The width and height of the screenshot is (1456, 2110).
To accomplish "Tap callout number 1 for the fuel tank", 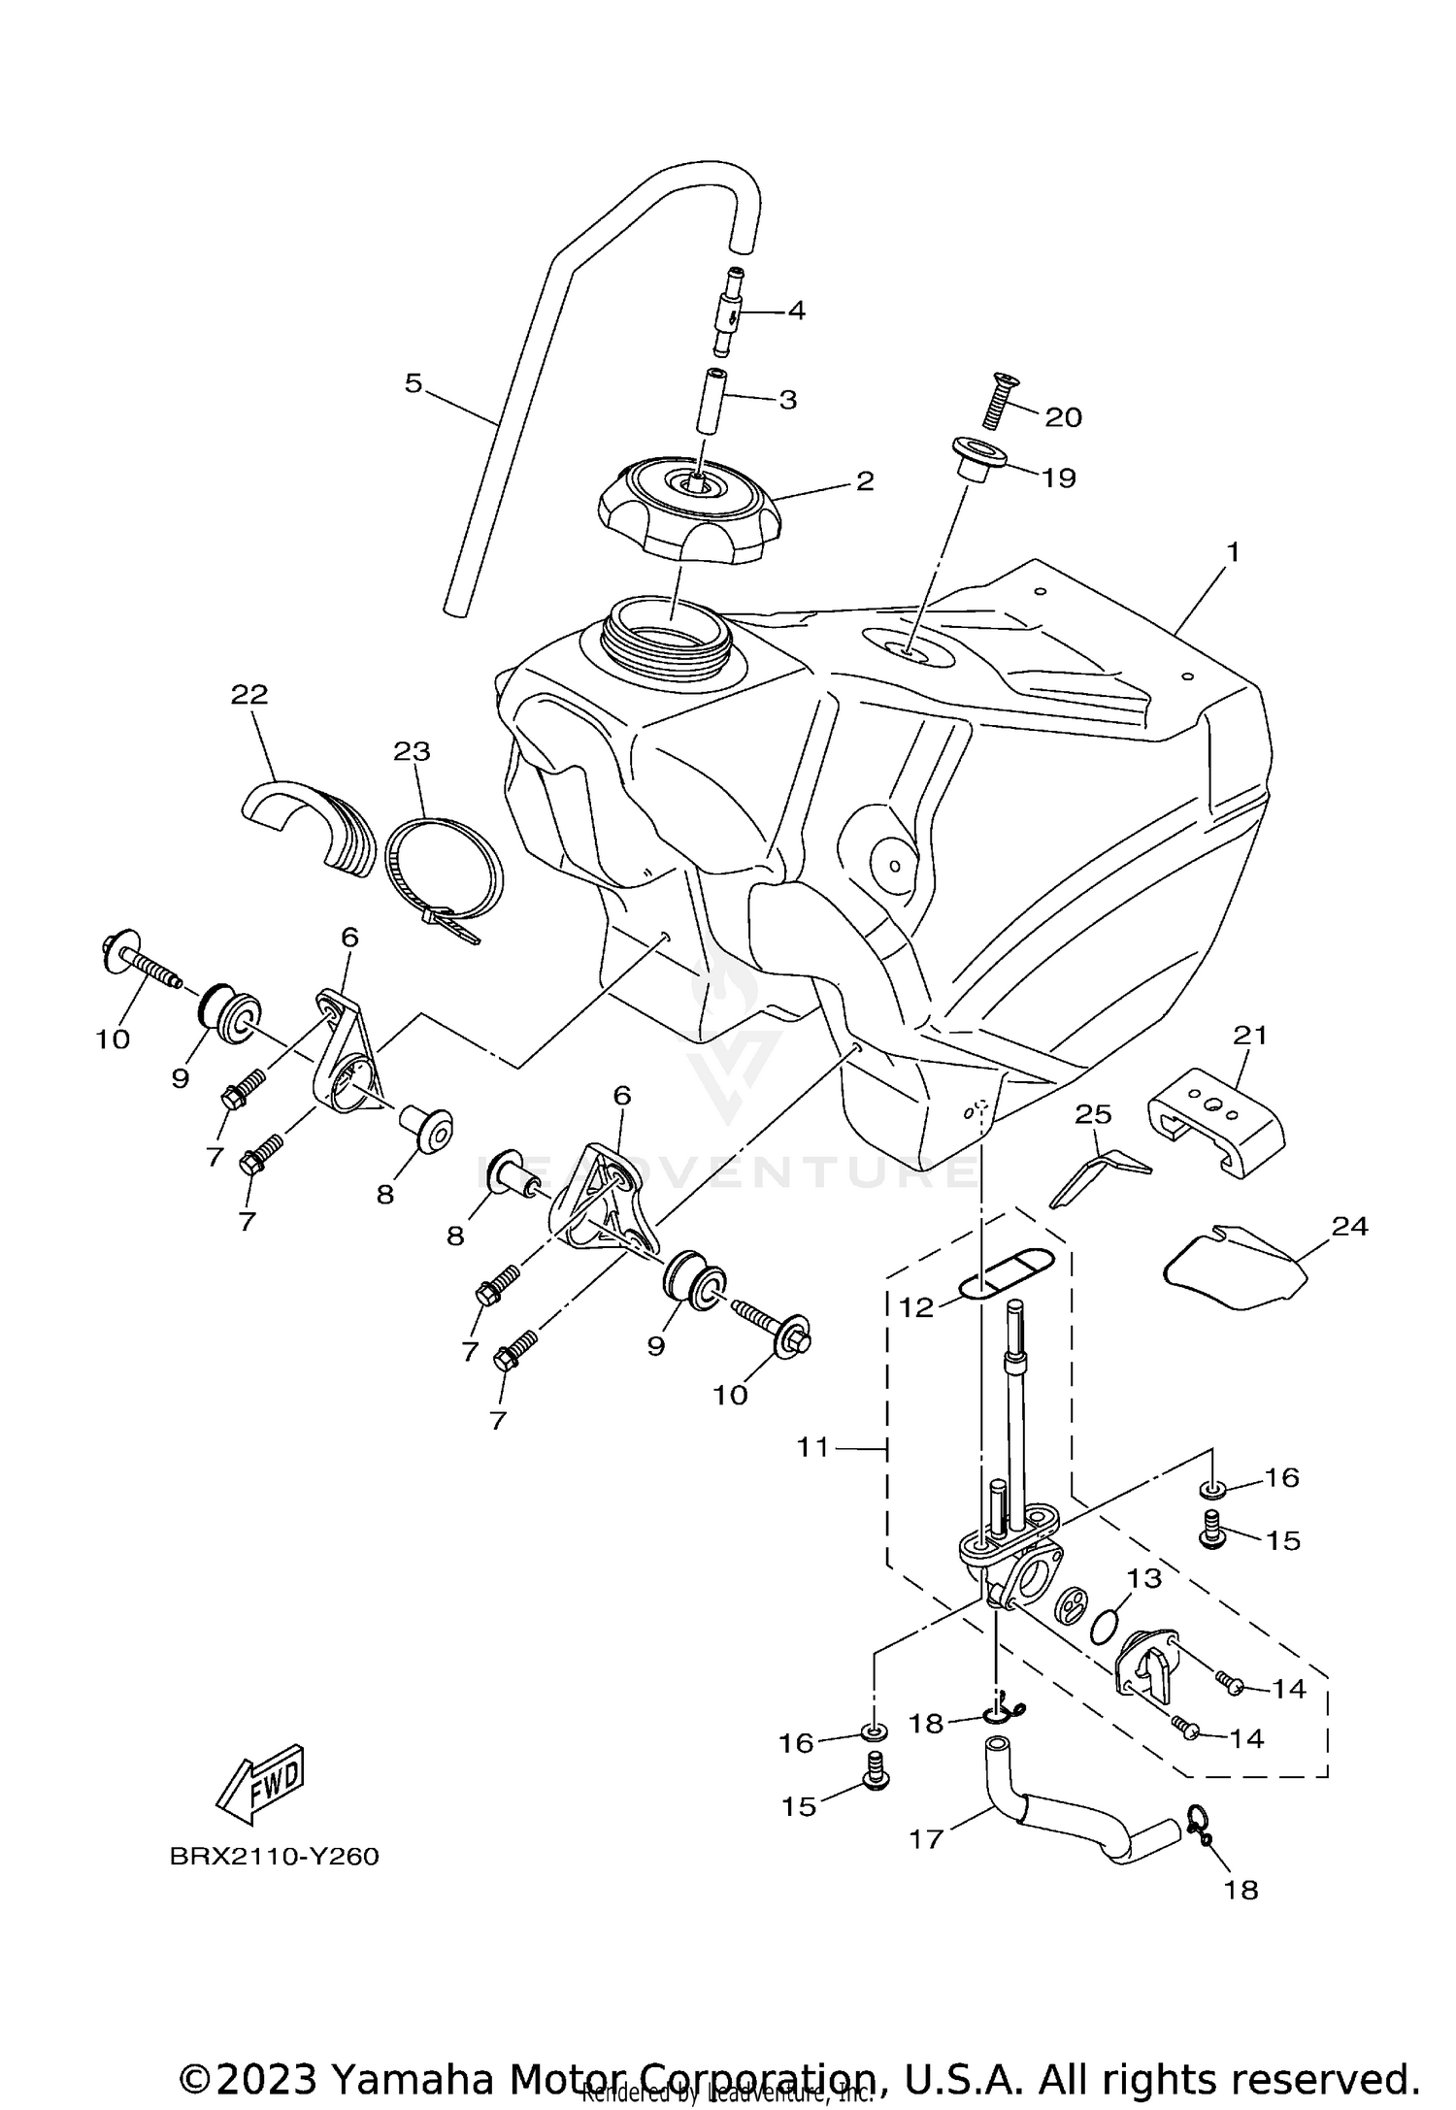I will pyautogui.click(x=1233, y=553).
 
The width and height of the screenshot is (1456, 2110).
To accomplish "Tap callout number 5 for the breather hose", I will pyautogui.click(x=414, y=384).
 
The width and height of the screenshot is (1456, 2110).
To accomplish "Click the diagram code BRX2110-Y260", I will pyautogui.click(x=274, y=1857).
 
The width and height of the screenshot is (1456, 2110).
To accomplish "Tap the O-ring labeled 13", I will pyautogui.click(x=1103, y=1620).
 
